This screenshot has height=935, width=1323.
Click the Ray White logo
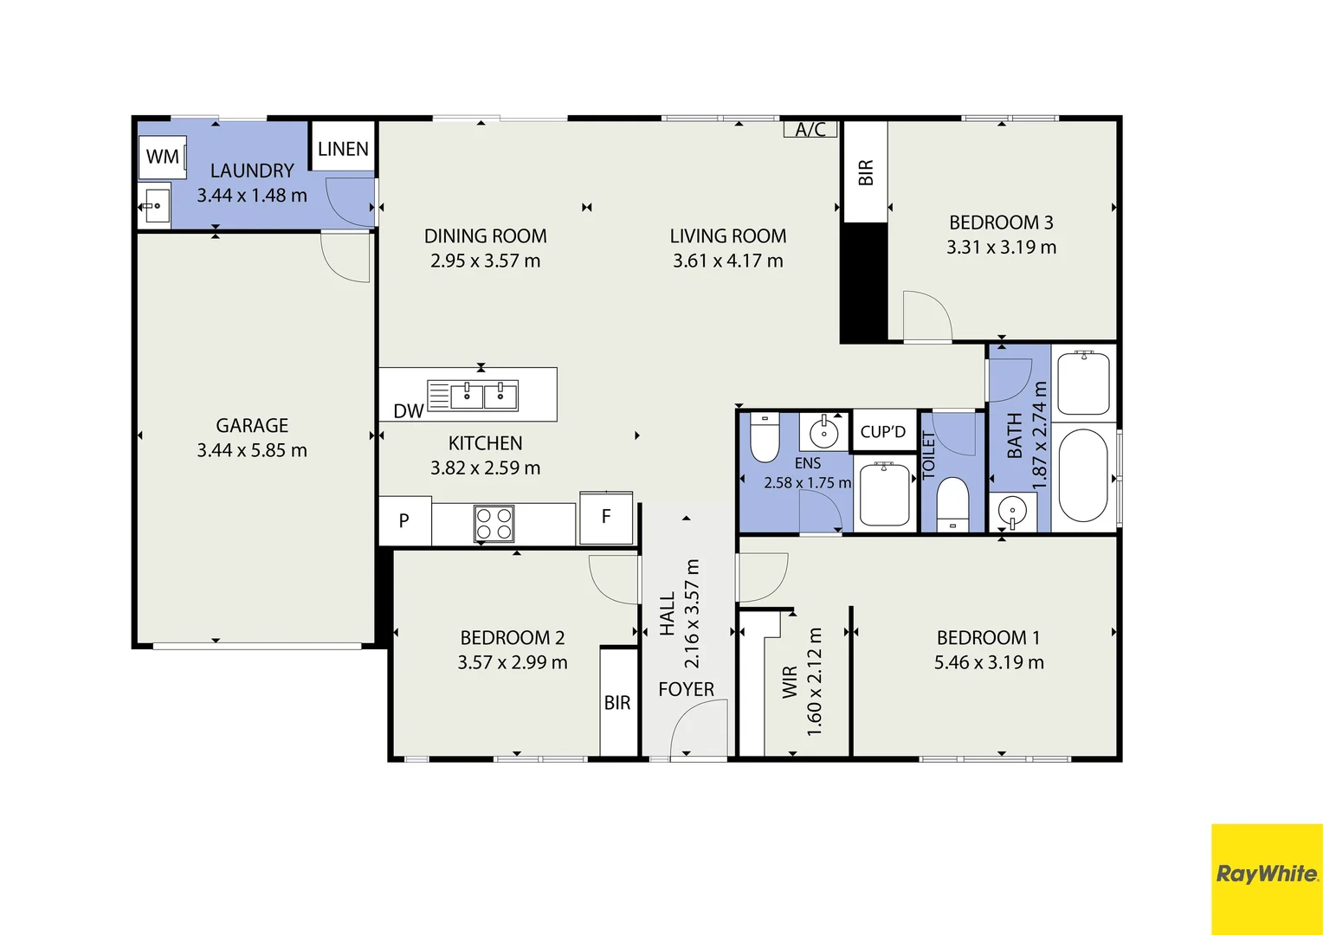(x=1266, y=874)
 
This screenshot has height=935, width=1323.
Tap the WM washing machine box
(x=163, y=157)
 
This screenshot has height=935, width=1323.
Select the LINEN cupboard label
(x=343, y=149)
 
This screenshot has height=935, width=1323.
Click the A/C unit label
(x=810, y=130)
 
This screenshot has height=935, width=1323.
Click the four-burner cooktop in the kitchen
(x=494, y=524)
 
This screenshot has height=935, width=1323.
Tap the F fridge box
(x=606, y=517)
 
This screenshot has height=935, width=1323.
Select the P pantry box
(x=404, y=521)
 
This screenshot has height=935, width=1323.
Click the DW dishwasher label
(x=408, y=411)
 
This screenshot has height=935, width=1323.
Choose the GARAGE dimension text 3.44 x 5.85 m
(x=252, y=450)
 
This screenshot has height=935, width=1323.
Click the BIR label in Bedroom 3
(x=865, y=172)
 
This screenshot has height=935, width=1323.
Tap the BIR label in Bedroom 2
(x=617, y=703)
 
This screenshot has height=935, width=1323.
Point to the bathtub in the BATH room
(x=1083, y=474)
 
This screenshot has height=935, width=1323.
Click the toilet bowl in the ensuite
(x=765, y=440)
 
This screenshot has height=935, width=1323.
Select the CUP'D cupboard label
(x=882, y=432)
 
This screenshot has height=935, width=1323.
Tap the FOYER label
(x=686, y=689)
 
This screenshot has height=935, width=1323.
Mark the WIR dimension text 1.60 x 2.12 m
(x=814, y=682)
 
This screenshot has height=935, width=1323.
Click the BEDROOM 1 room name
(x=988, y=638)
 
